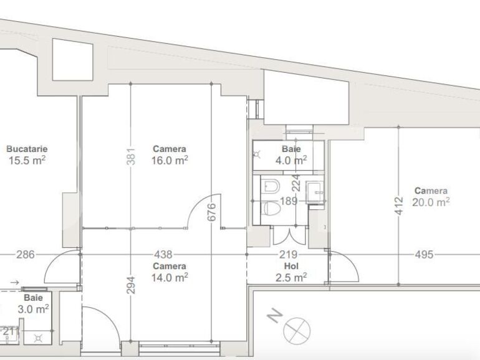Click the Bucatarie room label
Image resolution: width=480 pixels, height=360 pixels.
[27, 149]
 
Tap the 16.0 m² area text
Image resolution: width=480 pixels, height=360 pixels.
[170, 160]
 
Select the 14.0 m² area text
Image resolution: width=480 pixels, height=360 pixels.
[170, 277]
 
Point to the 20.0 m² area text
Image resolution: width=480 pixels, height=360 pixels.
[431, 202]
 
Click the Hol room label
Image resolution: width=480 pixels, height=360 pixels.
[290, 266]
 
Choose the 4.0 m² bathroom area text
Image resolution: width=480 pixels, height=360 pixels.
[291, 160]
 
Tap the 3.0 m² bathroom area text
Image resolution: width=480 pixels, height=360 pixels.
[34, 308]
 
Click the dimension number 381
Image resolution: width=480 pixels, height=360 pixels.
[130, 159]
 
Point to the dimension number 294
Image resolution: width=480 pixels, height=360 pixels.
[130, 283]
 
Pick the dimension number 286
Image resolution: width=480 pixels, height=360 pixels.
[26, 255]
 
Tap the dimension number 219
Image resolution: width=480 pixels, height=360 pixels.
[288, 255]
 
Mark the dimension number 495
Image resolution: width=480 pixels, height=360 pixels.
[424, 255]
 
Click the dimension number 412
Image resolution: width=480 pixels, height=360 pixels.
[399, 207]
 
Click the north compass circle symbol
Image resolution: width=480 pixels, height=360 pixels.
[296, 329]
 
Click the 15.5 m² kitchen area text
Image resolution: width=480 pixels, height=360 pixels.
[27, 160]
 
